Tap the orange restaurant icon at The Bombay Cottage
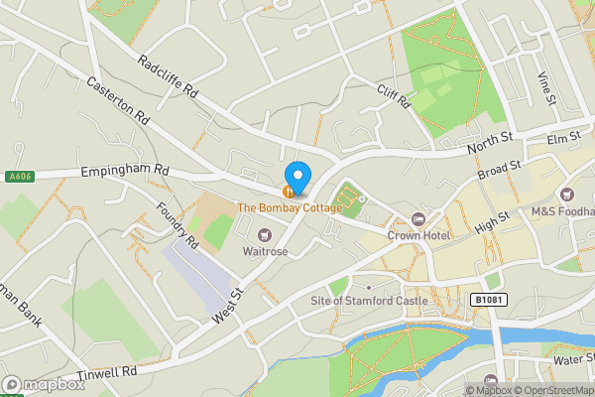coord(289,192)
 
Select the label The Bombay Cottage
coord(289,207)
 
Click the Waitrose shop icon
coord(265,234)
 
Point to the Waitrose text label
coord(265,251)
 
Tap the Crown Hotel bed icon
coord(417,219)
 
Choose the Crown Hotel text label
coord(417,235)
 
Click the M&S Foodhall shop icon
coord(566,195)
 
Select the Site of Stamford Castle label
coord(369,300)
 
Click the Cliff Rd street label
coord(393,95)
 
